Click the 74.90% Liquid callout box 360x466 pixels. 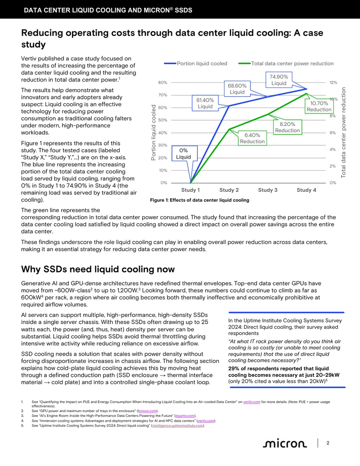(279, 80)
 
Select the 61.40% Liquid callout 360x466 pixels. (205, 103)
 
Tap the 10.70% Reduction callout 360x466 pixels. (319, 106)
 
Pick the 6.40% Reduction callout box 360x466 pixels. (252, 138)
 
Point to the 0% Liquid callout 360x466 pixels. (184, 154)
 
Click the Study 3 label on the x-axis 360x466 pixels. (268, 190)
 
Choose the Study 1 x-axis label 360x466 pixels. (190, 190)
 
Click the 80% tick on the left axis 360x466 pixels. (163, 83)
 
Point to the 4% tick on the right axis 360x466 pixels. (333, 149)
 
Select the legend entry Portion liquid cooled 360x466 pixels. (196, 63)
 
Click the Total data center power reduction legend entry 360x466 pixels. (286, 63)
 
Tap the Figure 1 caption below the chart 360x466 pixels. (200, 200)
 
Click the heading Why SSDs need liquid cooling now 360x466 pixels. (98, 269)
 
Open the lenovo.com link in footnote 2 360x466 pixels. (147, 411)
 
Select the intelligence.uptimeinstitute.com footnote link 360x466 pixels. (178, 425)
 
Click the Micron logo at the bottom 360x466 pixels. (284, 443)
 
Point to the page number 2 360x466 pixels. (328, 443)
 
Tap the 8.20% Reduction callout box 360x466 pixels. (287, 127)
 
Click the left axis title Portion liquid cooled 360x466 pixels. (153, 132)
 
